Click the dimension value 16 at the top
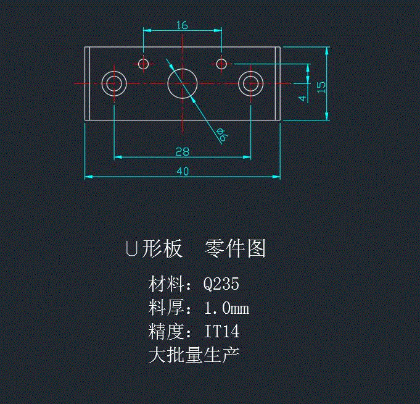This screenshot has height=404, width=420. pyautogui.click(x=182, y=25)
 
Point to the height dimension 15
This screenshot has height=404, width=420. pyautogui.click(x=320, y=86)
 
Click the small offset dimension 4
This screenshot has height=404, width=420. pyautogui.click(x=301, y=98)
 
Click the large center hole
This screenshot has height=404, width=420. pyautogui.click(x=183, y=83)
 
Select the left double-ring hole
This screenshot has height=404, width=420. pyautogui.click(x=114, y=83)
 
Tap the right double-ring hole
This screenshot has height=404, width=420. pyautogui.click(x=251, y=83)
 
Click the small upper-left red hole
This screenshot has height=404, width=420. pyautogui.click(x=144, y=63)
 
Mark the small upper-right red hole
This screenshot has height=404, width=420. pyautogui.click(x=222, y=63)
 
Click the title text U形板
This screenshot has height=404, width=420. pyautogui.click(x=154, y=249)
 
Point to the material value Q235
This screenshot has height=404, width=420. pyautogui.click(x=221, y=284)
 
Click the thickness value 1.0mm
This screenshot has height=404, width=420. pyautogui.click(x=226, y=308)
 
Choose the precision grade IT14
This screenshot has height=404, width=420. pyautogui.click(x=221, y=332)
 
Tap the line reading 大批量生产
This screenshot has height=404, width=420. pyautogui.click(x=194, y=355)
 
